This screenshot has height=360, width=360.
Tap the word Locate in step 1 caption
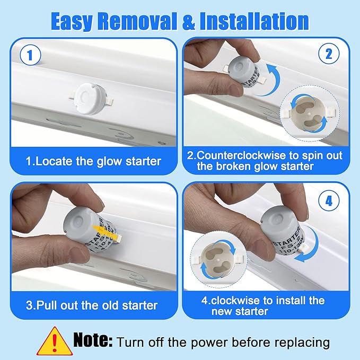(x=54, y=161)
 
